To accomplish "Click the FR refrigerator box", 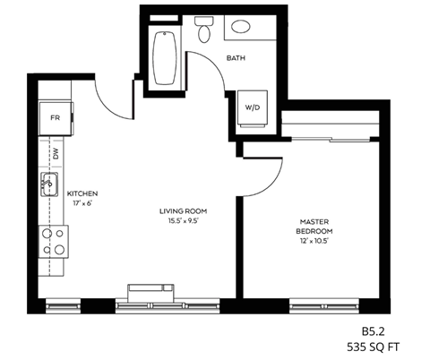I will coord(55,117).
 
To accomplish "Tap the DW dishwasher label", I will coord(56,154).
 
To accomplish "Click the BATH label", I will coord(236,59).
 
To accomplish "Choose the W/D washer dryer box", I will coord(253,107).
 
